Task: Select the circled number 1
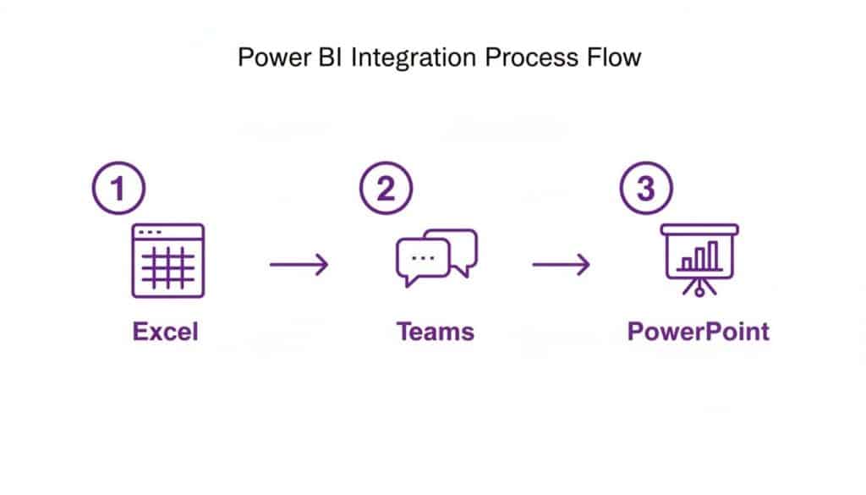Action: point(118,188)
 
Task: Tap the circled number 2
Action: point(386,188)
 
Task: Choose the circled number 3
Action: point(646,188)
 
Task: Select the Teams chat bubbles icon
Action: point(436,256)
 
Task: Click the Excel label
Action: point(165,331)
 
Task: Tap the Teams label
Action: point(436,331)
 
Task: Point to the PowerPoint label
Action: point(699,331)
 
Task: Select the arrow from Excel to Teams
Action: point(299,265)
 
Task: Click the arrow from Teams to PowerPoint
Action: point(561,265)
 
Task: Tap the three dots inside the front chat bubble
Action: point(419,256)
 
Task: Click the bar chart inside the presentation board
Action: point(701,256)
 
